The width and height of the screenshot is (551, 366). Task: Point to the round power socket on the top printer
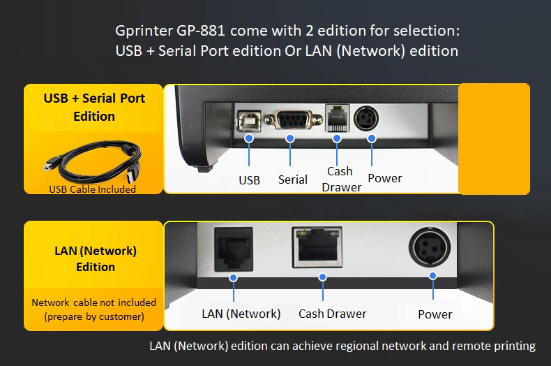(x=368, y=118)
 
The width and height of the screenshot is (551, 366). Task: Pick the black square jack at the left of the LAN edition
(x=232, y=247)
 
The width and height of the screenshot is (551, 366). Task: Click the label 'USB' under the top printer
(x=249, y=180)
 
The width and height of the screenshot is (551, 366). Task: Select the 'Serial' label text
(x=293, y=180)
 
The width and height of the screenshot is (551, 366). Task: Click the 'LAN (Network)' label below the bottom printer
(x=241, y=314)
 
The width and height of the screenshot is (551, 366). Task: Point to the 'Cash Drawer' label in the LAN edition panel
(x=332, y=314)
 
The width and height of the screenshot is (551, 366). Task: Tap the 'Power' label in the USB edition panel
(x=385, y=178)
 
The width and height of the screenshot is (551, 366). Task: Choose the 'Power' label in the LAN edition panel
(x=435, y=314)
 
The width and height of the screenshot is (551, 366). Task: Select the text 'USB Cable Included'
(x=93, y=189)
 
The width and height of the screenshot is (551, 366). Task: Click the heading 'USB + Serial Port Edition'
(x=94, y=107)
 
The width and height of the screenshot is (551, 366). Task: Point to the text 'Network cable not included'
(x=94, y=302)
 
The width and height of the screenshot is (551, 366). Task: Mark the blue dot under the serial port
(x=290, y=139)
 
